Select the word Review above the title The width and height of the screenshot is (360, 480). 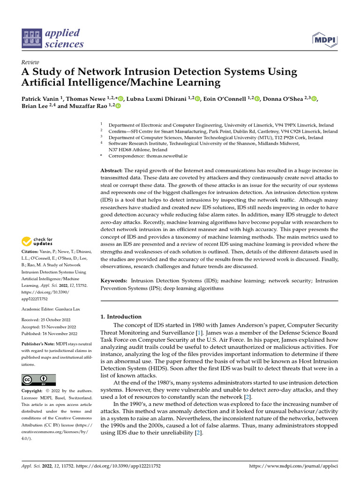[30, 62]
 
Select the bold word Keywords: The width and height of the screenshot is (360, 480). [114, 281]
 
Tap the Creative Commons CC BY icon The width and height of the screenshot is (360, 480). [38, 380]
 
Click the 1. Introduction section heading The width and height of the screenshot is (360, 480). [121, 317]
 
